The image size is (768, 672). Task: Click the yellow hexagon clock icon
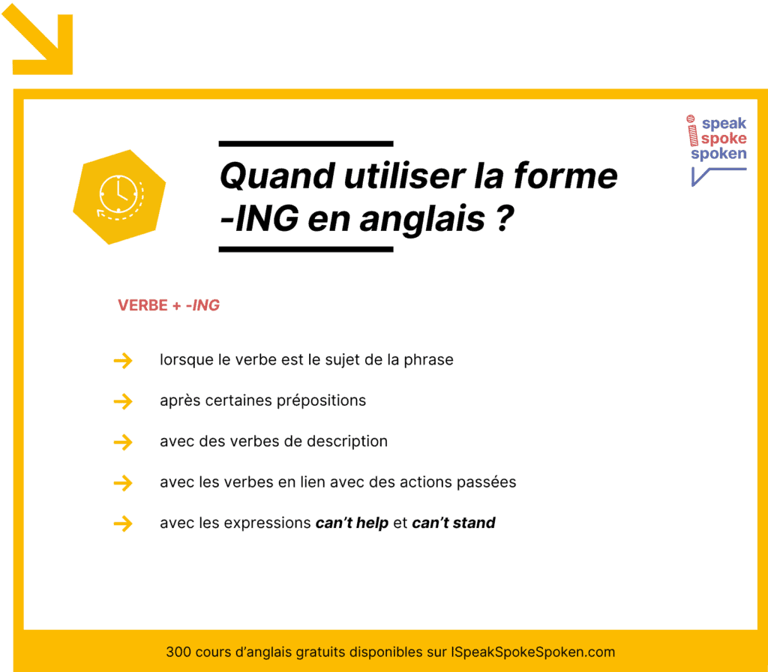[118, 196]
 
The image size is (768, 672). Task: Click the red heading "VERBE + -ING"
[169, 306]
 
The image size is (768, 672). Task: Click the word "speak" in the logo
[724, 124]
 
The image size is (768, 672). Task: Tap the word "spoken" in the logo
[718, 154]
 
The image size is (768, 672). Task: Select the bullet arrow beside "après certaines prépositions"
[122, 402]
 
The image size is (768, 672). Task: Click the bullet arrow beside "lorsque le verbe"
[122, 361]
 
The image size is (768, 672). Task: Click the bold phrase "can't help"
[352, 523]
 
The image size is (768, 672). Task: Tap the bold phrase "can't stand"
[454, 523]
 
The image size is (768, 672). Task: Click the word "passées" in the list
[487, 482]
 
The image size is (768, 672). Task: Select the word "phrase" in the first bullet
[428, 360]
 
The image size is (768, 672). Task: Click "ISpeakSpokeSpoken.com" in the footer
[533, 652]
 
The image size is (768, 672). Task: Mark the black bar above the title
[306, 143]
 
